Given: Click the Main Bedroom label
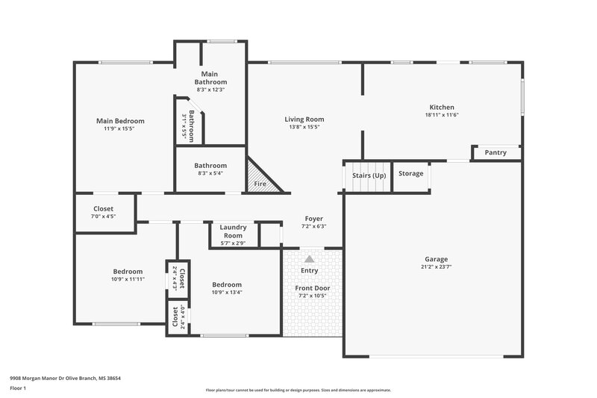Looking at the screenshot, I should pyautogui.click(x=120, y=121).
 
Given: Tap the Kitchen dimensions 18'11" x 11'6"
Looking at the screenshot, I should pyautogui.click(x=441, y=115).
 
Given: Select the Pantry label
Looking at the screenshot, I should pyautogui.click(x=496, y=152).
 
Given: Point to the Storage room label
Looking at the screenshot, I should pyautogui.click(x=410, y=173).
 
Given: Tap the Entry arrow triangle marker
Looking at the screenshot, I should pyautogui.click(x=309, y=258).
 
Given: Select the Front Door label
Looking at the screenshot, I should pyautogui.click(x=312, y=288).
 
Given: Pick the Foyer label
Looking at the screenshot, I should pyautogui.click(x=313, y=219).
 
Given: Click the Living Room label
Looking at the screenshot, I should pyautogui.click(x=304, y=119).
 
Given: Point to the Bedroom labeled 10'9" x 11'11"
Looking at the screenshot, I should pyautogui.click(x=128, y=272).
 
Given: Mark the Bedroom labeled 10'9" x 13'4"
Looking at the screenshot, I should pyautogui.click(x=226, y=284).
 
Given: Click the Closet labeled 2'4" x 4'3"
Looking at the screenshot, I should pyautogui.click(x=178, y=276).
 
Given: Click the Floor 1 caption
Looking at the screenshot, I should pyautogui.click(x=18, y=388).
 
